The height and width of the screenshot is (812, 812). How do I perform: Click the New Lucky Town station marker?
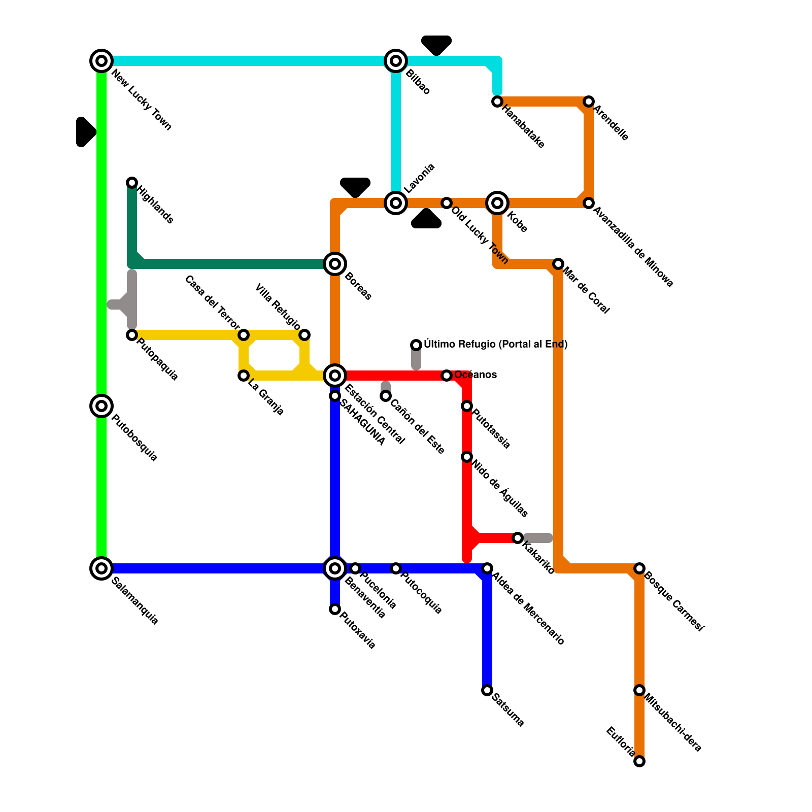coord(101,61)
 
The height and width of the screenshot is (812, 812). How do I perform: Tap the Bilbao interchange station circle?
coord(396,61)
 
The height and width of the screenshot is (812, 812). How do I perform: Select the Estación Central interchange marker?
coord(335,376)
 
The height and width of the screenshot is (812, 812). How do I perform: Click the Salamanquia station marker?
coord(101,568)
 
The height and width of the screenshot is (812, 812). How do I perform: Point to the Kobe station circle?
coord(497,203)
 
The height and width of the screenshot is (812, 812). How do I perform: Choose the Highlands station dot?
coord(132,183)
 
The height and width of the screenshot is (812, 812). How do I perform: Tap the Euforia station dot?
coord(640,761)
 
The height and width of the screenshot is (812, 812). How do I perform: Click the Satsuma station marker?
coord(487,690)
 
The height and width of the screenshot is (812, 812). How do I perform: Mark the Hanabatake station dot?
coord(497,101)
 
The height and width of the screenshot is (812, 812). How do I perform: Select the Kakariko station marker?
coord(518,538)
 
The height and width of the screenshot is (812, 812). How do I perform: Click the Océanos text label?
coord(476,375)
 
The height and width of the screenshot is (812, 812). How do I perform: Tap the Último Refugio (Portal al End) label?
coord(495,345)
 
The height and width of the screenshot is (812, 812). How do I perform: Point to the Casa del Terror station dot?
coord(244,335)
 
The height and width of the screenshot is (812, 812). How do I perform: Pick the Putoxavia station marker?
coord(335,609)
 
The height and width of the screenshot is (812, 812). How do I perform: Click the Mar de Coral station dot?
coord(558,264)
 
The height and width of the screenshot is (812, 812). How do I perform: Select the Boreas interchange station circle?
coord(335,264)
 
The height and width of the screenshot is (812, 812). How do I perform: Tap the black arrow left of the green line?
coord(85,132)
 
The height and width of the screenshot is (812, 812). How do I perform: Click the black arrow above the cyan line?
coord(436,45)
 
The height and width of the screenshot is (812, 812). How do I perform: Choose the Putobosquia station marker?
coord(101,406)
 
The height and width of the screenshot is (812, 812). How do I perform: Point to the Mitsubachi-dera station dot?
coord(640,690)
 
